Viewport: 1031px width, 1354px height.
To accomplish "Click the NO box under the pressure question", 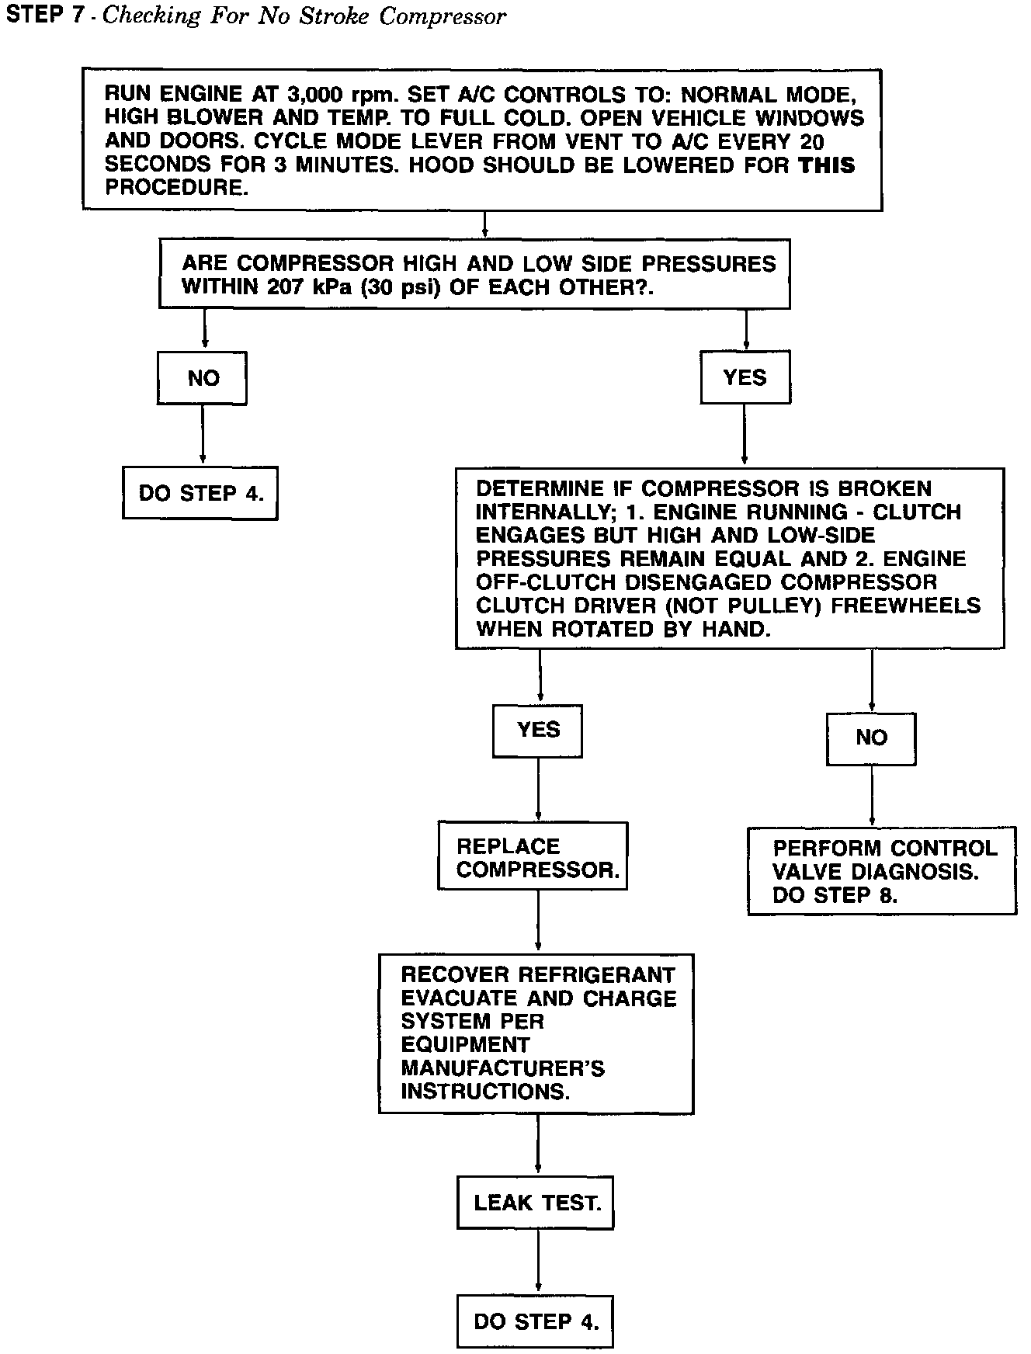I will [203, 378].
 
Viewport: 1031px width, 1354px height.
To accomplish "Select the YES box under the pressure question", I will [745, 377].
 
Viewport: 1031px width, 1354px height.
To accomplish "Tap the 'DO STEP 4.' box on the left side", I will [200, 493].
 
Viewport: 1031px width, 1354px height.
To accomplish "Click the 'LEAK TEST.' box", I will [536, 1203].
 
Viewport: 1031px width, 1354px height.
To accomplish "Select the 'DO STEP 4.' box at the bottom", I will [536, 1321].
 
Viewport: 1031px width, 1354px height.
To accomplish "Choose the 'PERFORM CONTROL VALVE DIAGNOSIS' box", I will [882, 871].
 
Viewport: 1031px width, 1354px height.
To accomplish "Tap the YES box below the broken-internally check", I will [538, 730].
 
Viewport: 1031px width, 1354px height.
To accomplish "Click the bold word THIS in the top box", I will [827, 165].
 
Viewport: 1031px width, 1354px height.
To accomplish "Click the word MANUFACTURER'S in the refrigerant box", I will [502, 1068].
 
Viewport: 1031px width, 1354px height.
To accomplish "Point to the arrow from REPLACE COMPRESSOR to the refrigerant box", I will [538, 922].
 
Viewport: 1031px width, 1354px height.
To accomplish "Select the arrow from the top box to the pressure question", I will [484, 224].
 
